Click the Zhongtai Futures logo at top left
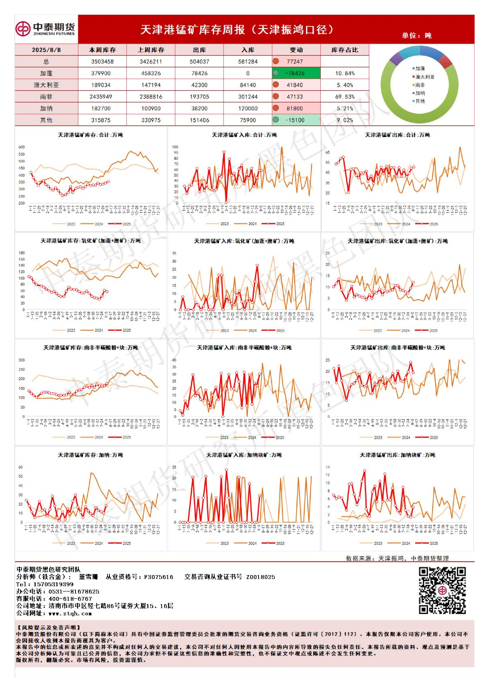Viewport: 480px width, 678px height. pyautogui.click(x=45, y=29)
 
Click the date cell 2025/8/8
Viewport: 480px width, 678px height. pyautogui.click(x=46, y=50)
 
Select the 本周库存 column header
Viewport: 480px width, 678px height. pyautogui.click(x=102, y=50)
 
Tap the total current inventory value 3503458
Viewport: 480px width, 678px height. pyautogui.click(x=102, y=62)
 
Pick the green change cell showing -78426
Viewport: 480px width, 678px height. pyautogui.click(x=296, y=73)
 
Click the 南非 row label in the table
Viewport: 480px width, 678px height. pyautogui.click(x=46, y=97)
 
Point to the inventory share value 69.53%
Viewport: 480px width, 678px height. pyautogui.click(x=345, y=97)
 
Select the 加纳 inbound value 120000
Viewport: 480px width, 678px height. pyautogui.click(x=248, y=109)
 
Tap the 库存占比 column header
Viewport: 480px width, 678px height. pyautogui.click(x=345, y=50)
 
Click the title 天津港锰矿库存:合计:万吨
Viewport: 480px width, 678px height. pyautogui.click(x=91, y=135)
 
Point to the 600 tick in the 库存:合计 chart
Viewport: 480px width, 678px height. pyautogui.click(x=22, y=147)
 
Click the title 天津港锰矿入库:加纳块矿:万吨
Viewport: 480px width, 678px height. pyautogui.click(x=244, y=455)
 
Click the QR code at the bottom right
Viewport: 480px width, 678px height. pyautogui.click(x=442, y=590)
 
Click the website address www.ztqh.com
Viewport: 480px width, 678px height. pyautogui.click(x=70, y=613)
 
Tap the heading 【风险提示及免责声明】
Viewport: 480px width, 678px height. pyautogui.click(x=48, y=628)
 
